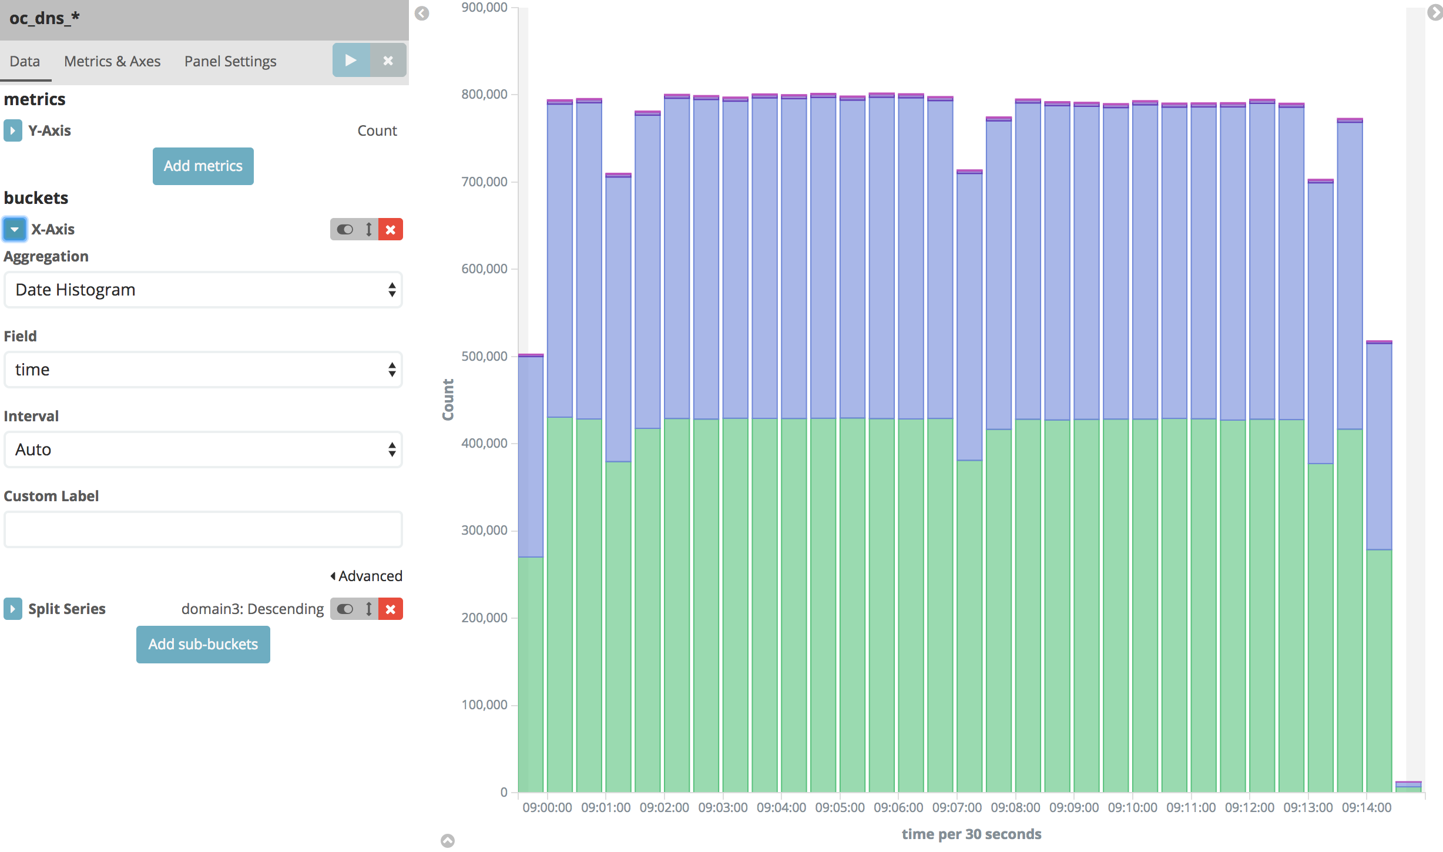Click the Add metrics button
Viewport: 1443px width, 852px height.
pos(203,166)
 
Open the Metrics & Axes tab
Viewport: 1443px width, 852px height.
pos(112,61)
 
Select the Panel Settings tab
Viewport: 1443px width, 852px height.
pos(230,61)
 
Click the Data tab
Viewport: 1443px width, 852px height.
pos(25,61)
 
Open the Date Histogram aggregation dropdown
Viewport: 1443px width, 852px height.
pos(203,290)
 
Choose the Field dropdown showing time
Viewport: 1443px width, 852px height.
pos(203,370)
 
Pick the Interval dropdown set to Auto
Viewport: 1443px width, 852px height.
pos(203,450)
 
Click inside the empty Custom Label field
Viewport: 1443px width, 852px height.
pos(203,529)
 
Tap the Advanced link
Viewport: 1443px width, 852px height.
pos(367,576)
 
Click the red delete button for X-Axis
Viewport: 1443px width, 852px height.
pos(391,229)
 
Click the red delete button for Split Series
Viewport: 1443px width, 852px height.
pos(391,609)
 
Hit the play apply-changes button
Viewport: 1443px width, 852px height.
pos(351,60)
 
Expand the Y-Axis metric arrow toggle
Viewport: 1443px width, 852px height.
pos(12,130)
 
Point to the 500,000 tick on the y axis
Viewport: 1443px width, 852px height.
pos(485,356)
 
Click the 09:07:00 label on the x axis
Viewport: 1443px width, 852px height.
pos(957,807)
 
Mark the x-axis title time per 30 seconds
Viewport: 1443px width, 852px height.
pos(971,834)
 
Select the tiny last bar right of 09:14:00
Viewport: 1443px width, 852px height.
pos(1408,786)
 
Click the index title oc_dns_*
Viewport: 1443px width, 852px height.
pos(45,18)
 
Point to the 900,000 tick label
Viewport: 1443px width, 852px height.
pos(485,8)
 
